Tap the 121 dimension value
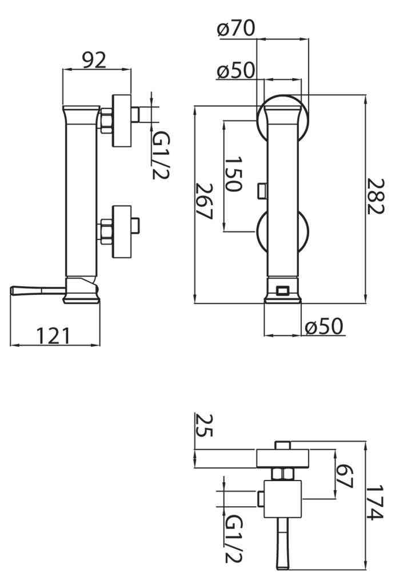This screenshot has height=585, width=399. pos(53,335)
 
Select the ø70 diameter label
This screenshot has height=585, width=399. pos(236,28)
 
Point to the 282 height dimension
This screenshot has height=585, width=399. pos(375,196)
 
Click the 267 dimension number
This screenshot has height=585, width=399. pos(204,202)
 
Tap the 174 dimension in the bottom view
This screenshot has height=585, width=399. pos(375,502)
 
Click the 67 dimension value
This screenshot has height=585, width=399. pos(344,476)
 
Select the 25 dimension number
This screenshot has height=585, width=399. pos(204,425)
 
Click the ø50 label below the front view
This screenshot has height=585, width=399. pos(324,326)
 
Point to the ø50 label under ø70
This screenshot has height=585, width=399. pos(236,70)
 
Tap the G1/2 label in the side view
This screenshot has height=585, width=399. pos(161,156)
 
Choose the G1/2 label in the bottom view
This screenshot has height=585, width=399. pos(234,539)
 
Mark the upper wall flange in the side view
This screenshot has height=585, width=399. pos(122,121)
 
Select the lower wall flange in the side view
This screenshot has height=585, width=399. pos(122,231)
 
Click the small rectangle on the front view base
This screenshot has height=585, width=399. pos(282,290)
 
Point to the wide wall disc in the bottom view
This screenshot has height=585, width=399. pos(282,459)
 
